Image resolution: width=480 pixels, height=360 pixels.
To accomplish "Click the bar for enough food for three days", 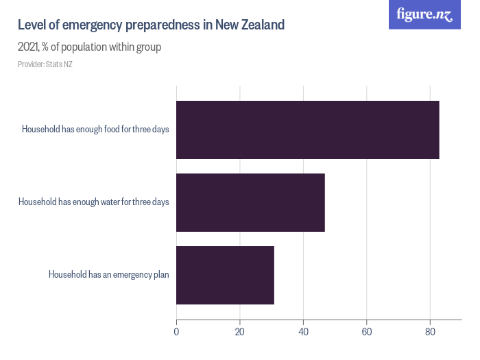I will (307, 130).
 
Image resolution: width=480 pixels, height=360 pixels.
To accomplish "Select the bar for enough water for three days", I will (250, 202).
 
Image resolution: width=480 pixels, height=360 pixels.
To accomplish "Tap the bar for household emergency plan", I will (225, 275).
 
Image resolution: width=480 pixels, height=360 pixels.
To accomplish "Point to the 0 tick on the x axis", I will (176, 333).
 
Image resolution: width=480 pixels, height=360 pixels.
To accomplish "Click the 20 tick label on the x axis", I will (240, 333).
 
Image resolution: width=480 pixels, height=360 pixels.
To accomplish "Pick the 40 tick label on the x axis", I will (303, 333).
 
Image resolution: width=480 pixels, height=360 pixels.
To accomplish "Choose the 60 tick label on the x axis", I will (367, 333).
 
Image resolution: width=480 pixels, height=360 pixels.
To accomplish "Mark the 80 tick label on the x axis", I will (430, 333).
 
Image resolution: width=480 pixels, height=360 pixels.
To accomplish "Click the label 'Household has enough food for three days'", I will (95, 130).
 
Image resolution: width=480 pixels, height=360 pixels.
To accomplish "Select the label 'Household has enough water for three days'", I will (93, 202).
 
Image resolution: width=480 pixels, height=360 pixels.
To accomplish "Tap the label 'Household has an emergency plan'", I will (108, 275).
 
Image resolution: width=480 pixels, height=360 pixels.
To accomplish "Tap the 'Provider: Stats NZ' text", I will (45, 64).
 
